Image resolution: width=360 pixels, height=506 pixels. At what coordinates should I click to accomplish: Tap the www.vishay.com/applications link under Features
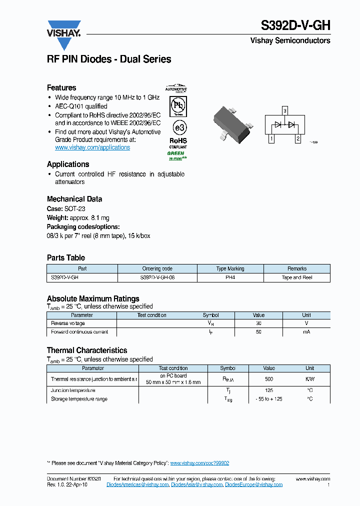pos(92,147)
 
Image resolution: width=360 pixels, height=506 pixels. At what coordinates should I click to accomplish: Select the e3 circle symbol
pos(177,126)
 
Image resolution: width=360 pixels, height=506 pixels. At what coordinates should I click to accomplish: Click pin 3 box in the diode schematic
pos(284,110)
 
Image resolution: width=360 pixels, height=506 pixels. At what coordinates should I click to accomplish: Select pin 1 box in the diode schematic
pos(271,139)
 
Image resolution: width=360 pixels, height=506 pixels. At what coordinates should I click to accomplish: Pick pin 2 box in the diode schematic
pos(297,139)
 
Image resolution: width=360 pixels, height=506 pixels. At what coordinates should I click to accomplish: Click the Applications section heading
pos(68,164)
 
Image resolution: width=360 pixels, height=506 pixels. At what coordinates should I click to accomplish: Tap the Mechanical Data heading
pos(74,198)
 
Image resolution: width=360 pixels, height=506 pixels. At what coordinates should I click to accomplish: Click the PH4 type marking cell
pos(230,277)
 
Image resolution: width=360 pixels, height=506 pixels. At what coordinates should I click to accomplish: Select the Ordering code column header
pos(157,268)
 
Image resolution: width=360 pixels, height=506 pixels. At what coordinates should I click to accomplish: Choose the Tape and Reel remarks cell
pos(297,277)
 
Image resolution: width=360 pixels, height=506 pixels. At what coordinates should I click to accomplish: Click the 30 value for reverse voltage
pos(258,323)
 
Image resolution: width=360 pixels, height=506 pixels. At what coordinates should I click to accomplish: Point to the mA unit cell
pos(306,332)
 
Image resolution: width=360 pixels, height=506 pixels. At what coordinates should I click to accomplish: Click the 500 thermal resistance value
pos(269,379)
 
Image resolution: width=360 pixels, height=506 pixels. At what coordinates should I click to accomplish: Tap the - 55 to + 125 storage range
pos(269,399)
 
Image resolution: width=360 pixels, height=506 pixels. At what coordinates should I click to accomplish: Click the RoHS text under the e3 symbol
pos(178,141)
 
